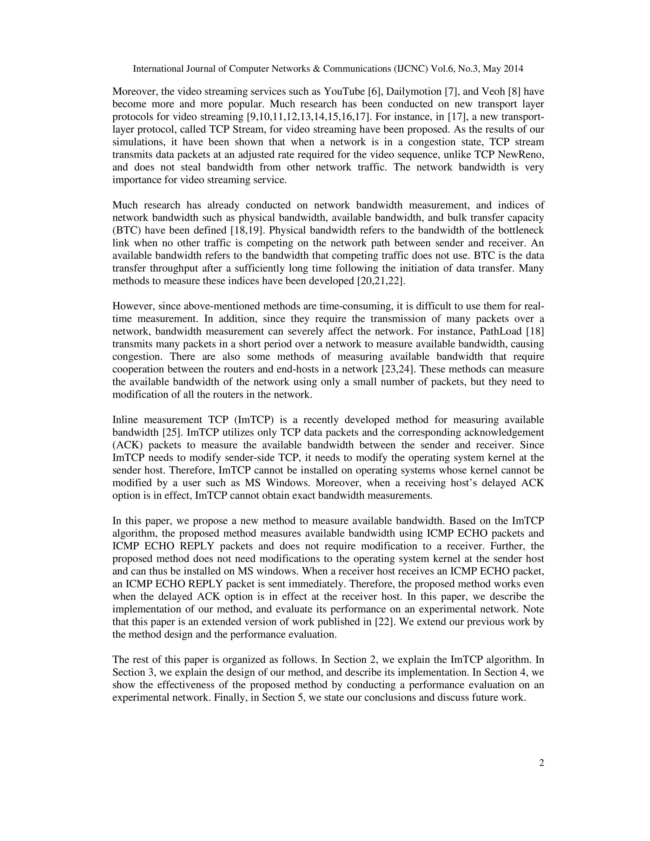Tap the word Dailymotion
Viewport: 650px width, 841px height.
click(x=414, y=92)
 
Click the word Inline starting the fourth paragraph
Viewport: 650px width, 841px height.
click(x=125, y=420)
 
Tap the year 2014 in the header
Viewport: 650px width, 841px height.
click(x=513, y=69)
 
